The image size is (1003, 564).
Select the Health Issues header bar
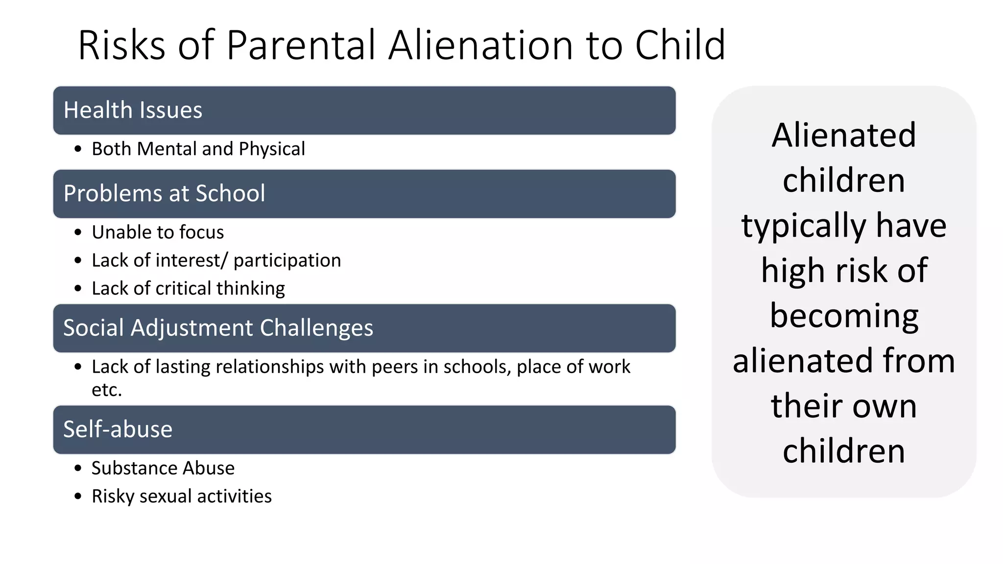[364, 111]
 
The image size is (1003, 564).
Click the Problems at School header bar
[364, 194]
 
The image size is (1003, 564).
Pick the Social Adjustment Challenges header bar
[364, 328]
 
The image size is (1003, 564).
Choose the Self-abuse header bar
[364, 429]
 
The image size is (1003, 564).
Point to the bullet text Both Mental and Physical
[198, 149]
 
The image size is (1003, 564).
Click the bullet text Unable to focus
[158, 232]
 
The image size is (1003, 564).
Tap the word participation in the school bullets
[287, 260]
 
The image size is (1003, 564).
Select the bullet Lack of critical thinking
[188, 288]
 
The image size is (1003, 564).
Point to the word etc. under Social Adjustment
[107, 390]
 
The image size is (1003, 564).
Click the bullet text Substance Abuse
[163, 468]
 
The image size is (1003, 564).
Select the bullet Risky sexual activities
[182, 496]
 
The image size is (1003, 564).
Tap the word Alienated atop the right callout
[844, 135]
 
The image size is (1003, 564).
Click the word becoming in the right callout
[844, 316]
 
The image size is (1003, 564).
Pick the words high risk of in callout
[844, 270]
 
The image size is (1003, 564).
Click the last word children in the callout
[844, 451]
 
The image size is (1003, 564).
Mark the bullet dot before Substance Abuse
[78, 469]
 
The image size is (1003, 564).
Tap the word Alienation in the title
[480, 45]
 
